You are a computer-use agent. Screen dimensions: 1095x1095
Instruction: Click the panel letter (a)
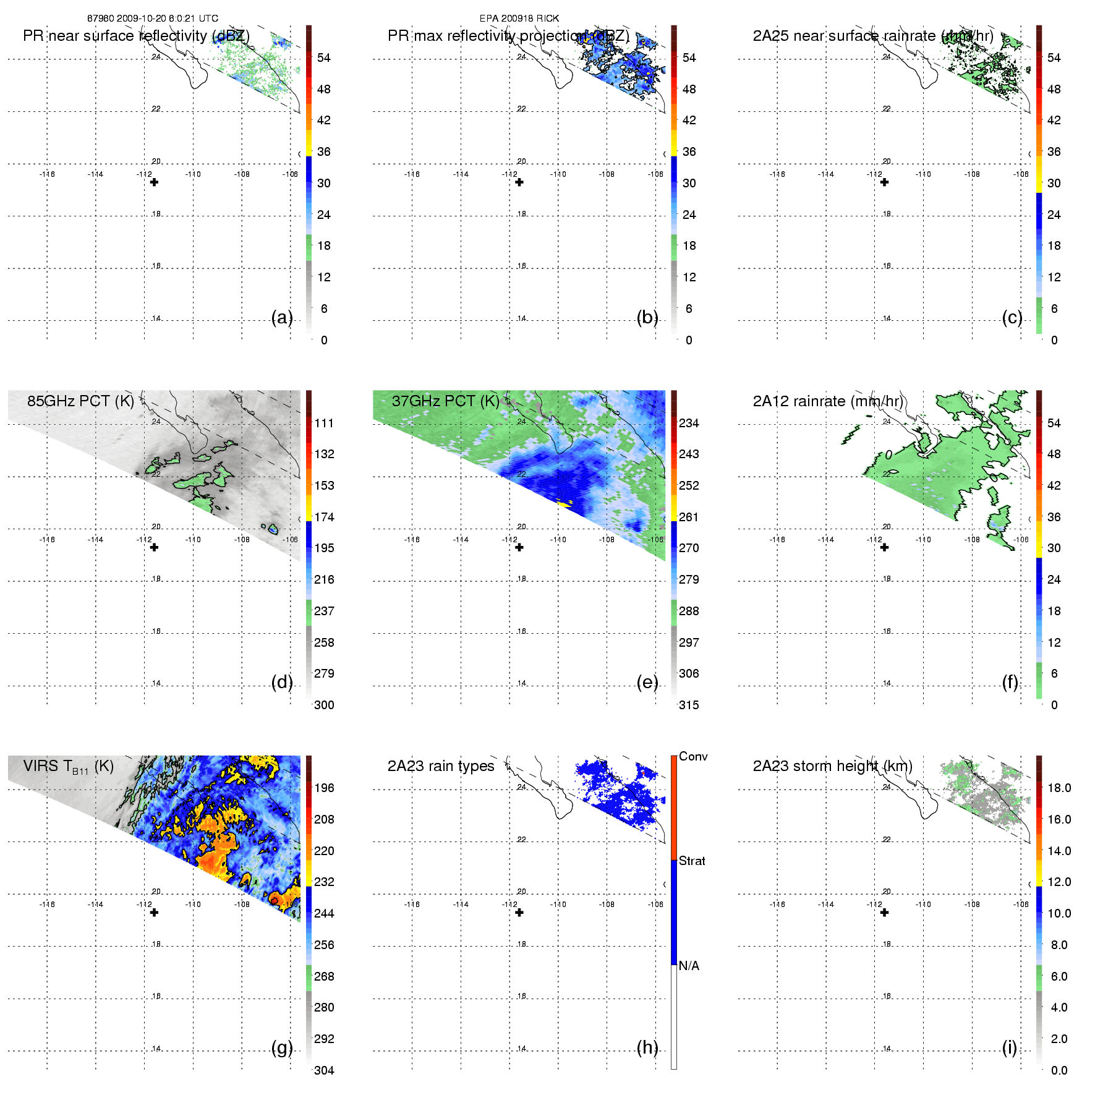282,318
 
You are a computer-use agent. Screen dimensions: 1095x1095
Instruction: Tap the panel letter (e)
647,683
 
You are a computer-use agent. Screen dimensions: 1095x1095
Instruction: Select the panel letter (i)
1009,1048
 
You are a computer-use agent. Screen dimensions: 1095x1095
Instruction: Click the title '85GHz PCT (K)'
80,401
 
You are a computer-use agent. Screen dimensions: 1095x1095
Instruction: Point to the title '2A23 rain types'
441,766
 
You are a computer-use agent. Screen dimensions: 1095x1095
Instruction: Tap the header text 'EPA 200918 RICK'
519,19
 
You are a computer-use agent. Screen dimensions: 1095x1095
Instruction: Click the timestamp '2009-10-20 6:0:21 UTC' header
168,19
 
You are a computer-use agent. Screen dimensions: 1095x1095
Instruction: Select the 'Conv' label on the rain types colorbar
693,756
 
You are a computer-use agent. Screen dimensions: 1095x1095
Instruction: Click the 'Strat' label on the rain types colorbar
692,861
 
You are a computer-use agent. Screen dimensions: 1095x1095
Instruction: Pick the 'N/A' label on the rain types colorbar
689,966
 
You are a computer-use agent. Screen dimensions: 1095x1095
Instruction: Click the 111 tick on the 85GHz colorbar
324,423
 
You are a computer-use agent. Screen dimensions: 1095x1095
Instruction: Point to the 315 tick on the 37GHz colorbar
689,705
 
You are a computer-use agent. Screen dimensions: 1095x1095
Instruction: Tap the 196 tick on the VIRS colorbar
324,788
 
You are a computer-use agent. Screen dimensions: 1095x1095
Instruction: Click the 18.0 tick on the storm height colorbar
1059,788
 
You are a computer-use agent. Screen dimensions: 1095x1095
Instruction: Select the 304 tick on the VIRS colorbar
324,1070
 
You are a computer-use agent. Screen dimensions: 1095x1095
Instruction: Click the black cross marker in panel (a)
154,182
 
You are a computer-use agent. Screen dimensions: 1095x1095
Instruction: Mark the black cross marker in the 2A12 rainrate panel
884,547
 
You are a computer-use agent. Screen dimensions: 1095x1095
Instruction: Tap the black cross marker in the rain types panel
519,913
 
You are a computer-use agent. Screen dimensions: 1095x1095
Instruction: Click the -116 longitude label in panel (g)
47,905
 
